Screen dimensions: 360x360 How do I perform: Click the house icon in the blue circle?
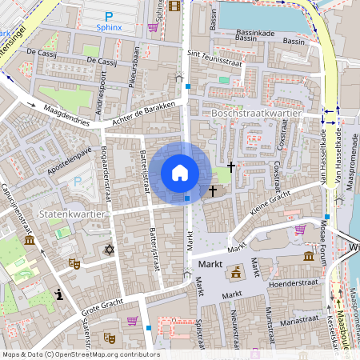[x=180, y=173]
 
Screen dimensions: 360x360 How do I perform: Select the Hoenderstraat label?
[x=296, y=281]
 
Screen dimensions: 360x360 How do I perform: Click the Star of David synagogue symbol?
[x=110, y=250]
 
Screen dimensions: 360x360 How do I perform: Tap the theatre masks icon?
[x=74, y=262]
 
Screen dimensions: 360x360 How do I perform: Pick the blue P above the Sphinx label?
[x=109, y=17]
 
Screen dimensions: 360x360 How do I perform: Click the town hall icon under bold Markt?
[x=236, y=274]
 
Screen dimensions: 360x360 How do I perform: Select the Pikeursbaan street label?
[x=136, y=60]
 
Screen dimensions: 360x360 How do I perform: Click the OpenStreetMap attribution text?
[x=81, y=354]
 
